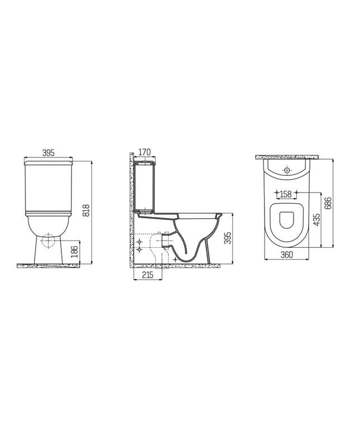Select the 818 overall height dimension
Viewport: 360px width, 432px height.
coord(86,209)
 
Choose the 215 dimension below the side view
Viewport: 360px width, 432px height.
coord(148,275)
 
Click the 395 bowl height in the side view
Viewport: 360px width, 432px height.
coord(227,238)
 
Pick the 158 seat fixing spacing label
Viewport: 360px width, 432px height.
coord(286,194)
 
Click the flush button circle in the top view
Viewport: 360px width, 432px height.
coord(287,169)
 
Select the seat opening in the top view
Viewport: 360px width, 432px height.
coord(286,221)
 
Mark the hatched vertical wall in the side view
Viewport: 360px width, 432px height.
coord(129,212)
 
